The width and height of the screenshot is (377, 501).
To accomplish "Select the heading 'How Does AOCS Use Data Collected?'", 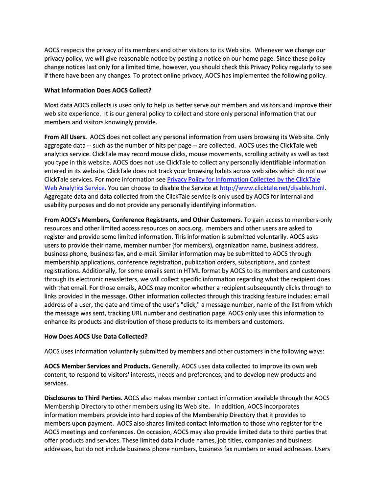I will pyautogui.click(x=96, y=337).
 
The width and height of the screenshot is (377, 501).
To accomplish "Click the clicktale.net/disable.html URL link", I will pyautogui.click(x=272, y=188).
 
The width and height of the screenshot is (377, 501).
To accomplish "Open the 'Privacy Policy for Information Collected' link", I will pyautogui.click(x=243, y=180).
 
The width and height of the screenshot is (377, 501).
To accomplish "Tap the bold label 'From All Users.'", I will pyautogui.click(x=66, y=137).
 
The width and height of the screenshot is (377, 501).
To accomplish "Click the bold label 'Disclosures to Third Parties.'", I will pyautogui.click(x=84, y=398).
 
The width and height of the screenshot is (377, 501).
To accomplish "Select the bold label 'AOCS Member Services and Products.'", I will pyautogui.click(x=97, y=366).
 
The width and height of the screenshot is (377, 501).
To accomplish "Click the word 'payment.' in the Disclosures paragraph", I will pyautogui.click(x=98, y=424).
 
